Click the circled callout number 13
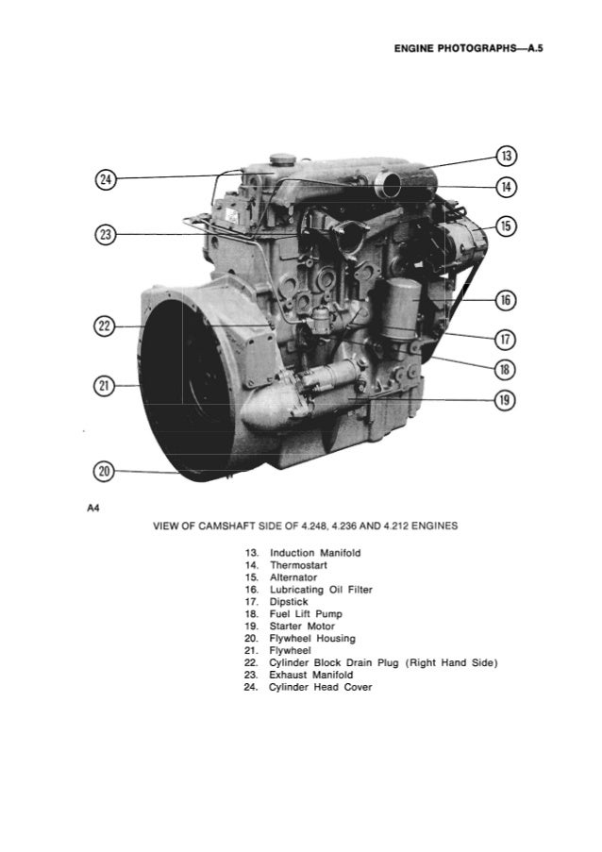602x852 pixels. point(507,156)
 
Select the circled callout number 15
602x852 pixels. point(507,225)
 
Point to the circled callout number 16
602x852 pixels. point(507,300)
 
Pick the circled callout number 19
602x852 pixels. point(507,401)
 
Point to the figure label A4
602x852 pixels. point(92,508)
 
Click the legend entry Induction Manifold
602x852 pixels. point(315,552)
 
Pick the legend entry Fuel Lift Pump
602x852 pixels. point(306,613)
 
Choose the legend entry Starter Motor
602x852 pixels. point(302,626)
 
